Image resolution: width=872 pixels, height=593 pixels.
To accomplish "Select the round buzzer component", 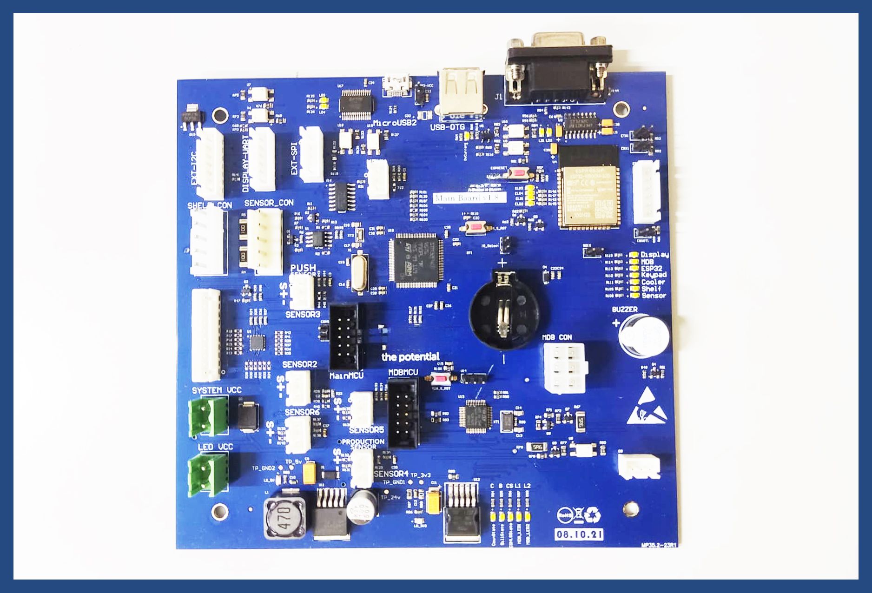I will pos(643,335).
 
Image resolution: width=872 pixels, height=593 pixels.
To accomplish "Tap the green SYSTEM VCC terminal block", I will pos(208,416).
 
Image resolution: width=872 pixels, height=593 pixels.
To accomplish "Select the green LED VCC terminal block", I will pos(208,473).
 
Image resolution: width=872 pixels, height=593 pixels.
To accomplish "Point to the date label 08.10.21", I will pos(580,534).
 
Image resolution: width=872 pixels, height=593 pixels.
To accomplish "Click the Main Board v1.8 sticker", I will pos(469,198).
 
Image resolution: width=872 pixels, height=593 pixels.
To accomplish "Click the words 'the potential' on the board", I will pos(410,357).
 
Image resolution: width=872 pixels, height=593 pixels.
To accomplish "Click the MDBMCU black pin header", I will pos(403,413).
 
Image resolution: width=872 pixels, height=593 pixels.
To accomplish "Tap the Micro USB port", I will pos(396,85).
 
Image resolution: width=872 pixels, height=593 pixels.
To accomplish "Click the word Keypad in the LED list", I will pos(654,275).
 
